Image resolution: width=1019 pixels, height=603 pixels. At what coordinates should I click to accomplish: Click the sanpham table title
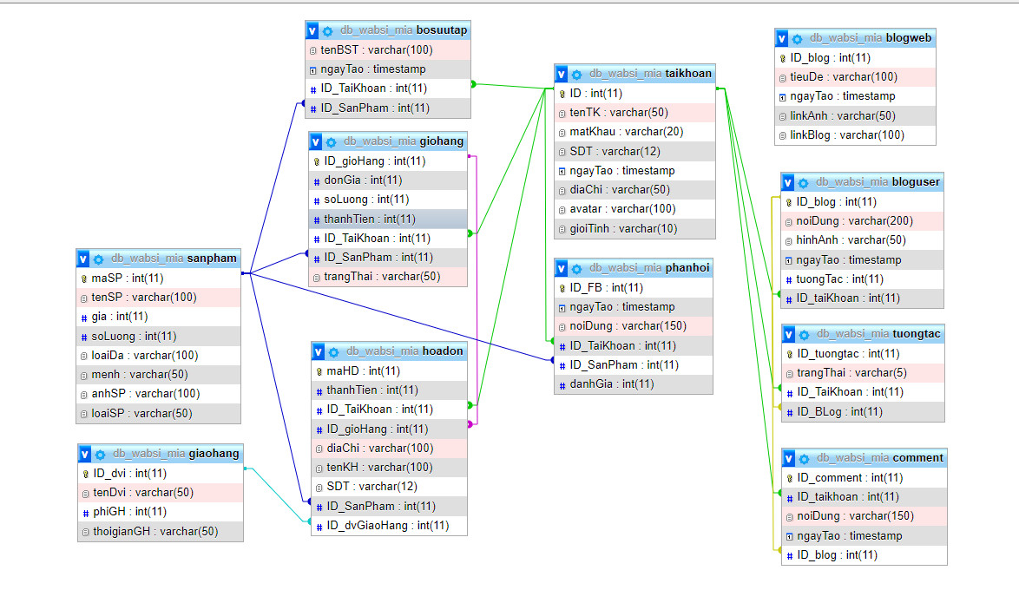(212, 258)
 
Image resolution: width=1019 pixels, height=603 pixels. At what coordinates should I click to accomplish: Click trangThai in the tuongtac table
(838, 373)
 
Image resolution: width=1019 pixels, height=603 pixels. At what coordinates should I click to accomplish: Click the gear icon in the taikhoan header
(576, 74)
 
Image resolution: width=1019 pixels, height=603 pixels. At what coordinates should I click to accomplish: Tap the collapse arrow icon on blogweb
(782, 38)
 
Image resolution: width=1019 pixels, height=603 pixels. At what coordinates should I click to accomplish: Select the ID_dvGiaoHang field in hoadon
(388, 525)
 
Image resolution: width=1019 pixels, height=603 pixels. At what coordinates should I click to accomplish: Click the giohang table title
(440, 141)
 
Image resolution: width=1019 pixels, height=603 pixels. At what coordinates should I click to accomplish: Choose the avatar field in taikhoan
(622, 208)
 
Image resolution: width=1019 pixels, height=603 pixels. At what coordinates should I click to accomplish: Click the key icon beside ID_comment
(789, 478)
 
